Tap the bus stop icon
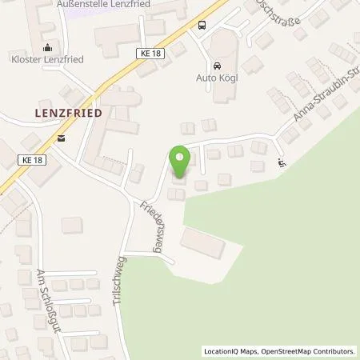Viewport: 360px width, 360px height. point(202,24)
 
